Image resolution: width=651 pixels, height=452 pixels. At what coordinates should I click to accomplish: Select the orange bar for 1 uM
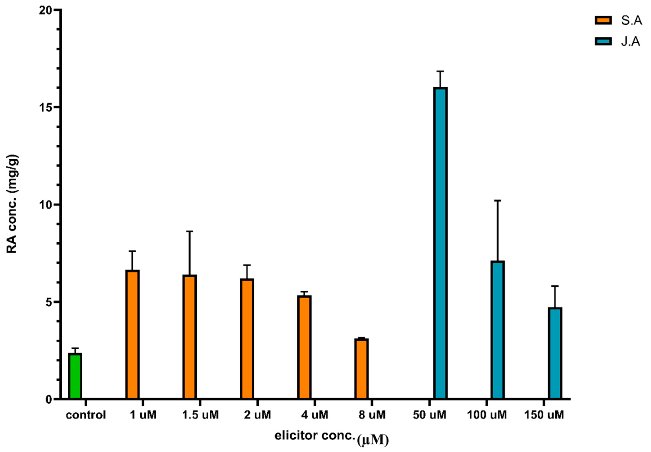(132, 334)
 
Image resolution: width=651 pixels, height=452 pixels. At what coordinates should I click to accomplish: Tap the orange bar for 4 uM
(304, 347)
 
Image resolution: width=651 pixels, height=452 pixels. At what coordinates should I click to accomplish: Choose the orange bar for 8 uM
(361, 368)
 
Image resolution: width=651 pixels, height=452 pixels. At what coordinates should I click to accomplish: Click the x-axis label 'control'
(86, 415)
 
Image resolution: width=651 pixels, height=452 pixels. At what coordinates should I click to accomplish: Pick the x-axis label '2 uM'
(257, 415)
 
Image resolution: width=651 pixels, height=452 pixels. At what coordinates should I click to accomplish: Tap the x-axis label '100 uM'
(487, 415)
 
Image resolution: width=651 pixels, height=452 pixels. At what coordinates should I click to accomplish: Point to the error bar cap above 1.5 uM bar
(189, 231)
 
